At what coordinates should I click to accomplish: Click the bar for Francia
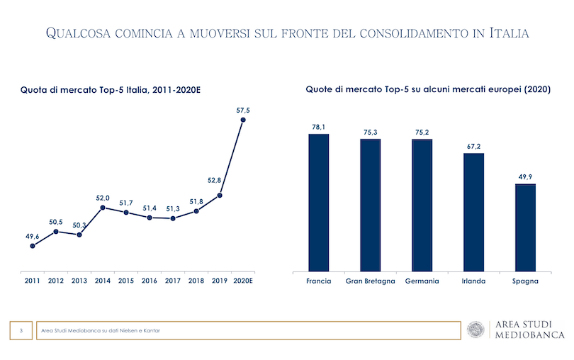(319, 202)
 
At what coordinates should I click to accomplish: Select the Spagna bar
(525, 227)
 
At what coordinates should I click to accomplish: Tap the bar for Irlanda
(473, 211)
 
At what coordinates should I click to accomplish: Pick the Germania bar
(422, 205)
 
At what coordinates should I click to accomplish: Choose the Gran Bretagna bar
(371, 205)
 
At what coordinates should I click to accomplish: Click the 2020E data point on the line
(243, 120)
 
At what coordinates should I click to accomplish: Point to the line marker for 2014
(103, 208)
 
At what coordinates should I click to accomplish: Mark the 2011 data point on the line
(33, 246)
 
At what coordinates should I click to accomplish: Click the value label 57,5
(243, 110)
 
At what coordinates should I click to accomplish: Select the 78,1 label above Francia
(319, 127)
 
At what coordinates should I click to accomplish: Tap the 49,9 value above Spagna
(525, 176)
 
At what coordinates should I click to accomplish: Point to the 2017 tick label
(172, 281)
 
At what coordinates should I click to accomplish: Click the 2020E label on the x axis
(243, 281)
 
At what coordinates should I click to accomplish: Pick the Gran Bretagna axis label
(371, 281)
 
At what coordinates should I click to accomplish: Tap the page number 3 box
(21, 330)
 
